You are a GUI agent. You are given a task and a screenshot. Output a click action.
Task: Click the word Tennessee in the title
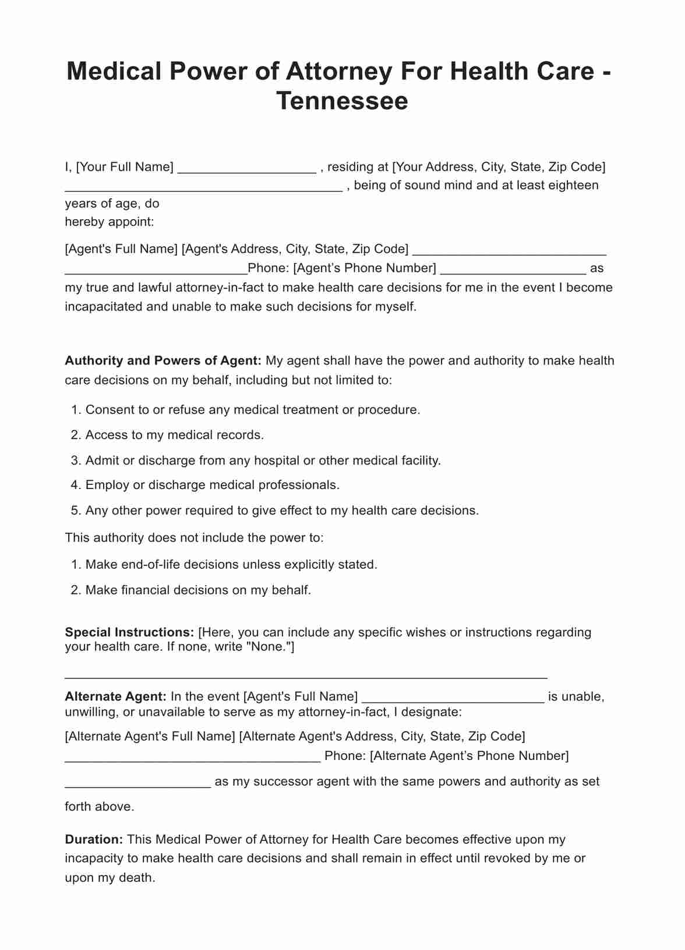(x=342, y=101)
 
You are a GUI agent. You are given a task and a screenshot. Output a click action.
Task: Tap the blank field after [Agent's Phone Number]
(x=513, y=272)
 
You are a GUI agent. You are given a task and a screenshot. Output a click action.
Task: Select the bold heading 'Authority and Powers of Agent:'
(x=163, y=361)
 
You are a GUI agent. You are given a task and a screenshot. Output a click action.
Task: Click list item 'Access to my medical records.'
(x=175, y=435)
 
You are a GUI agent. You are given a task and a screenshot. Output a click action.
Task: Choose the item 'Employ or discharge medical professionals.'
(x=212, y=485)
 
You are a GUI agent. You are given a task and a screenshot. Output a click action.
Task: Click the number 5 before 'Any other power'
(x=75, y=511)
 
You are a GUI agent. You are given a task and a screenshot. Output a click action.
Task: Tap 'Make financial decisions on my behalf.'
(x=198, y=590)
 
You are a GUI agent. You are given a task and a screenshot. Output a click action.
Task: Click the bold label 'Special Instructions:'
(x=129, y=632)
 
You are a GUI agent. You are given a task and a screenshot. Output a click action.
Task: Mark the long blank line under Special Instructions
(x=306, y=677)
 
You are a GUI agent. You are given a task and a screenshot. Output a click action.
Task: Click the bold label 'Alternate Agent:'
(x=116, y=696)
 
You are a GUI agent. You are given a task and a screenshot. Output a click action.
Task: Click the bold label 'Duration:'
(x=94, y=839)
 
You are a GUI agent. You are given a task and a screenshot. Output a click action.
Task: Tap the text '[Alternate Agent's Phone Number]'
(x=469, y=756)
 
